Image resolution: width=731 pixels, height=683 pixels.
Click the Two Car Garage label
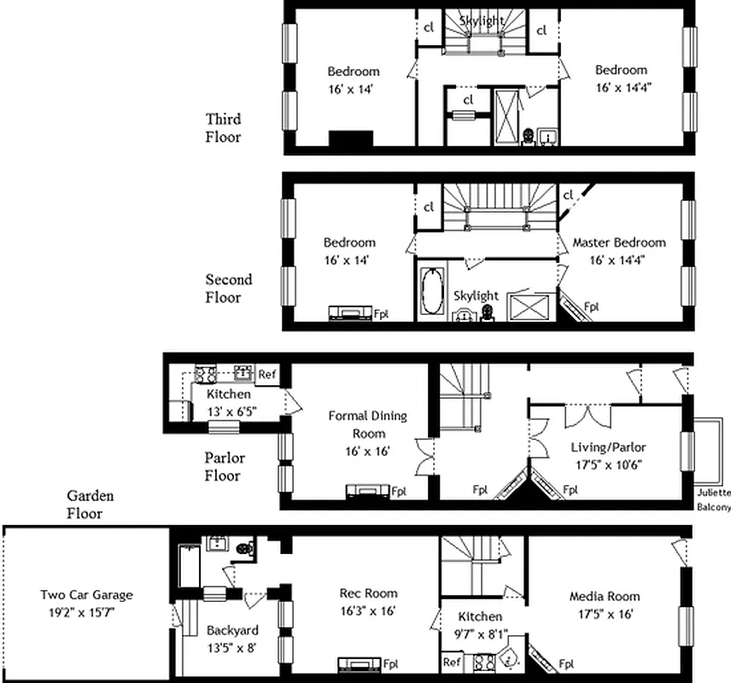(86, 595)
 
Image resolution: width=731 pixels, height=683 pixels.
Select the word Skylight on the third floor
(482, 20)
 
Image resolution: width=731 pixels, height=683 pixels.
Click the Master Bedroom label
(619, 242)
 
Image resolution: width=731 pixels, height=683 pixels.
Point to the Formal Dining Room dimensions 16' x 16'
(367, 451)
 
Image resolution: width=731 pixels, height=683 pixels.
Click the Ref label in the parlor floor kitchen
(266, 374)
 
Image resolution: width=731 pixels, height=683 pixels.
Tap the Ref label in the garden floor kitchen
(451, 662)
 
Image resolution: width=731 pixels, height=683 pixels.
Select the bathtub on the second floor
(430, 293)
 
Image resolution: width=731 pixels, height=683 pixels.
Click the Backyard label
(232, 630)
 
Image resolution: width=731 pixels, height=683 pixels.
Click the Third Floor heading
(223, 127)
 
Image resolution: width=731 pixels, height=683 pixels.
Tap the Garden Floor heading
(90, 505)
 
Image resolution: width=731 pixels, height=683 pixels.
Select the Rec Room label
(368, 593)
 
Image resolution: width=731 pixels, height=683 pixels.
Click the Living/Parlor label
(608, 447)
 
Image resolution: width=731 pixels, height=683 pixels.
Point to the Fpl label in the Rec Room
(391, 663)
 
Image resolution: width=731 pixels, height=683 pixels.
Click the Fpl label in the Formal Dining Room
(398, 491)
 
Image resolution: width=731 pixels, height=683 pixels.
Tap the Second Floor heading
(228, 289)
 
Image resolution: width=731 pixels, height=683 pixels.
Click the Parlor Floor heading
(222, 466)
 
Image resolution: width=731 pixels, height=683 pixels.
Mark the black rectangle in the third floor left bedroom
(352, 139)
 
